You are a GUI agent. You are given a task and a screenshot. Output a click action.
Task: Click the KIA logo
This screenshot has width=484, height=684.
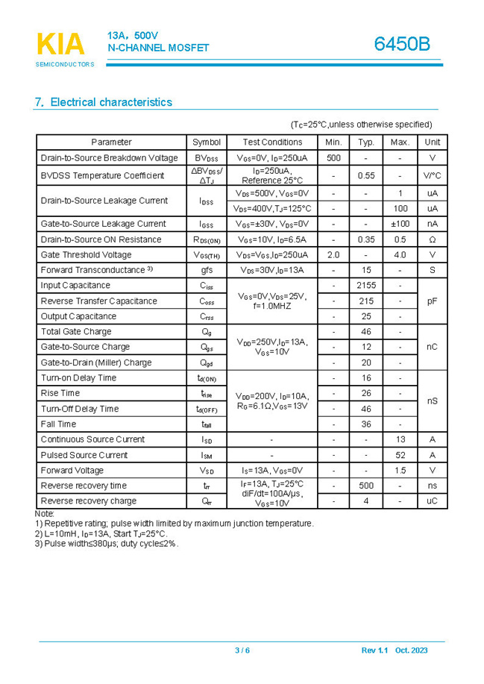point(61,45)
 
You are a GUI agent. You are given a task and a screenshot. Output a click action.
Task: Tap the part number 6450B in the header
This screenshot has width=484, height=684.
point(402,44)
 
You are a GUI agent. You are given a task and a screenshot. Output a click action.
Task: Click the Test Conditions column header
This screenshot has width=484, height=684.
point(272,142)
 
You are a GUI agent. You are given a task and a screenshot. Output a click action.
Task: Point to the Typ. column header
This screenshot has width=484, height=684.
point(366,142)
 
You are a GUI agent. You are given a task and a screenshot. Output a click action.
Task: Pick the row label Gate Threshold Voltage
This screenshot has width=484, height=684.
point(86,255)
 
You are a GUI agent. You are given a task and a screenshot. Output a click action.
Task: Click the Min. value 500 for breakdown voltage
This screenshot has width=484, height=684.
point(333,158)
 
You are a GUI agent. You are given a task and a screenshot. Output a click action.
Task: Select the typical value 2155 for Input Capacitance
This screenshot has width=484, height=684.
point(366,286)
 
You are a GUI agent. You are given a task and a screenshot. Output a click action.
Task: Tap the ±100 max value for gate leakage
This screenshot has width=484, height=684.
point(400,224)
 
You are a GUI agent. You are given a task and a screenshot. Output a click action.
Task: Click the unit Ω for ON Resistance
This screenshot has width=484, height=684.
point(432,239)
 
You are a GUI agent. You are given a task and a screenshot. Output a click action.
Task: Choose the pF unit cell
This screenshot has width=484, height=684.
point(432,301)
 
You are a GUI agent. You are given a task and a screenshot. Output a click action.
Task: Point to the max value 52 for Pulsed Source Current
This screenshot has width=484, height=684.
point(400,455)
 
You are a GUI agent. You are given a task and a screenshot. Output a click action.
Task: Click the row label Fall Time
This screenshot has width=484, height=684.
point(58,424)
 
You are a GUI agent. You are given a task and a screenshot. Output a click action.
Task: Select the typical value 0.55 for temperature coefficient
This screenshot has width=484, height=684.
point(366,175)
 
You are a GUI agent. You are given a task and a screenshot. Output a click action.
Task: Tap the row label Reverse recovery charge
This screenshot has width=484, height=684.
point(88,501)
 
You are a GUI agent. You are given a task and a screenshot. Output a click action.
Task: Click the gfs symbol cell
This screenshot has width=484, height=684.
point(207,270)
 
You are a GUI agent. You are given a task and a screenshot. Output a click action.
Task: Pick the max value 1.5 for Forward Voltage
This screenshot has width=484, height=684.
point(400,471)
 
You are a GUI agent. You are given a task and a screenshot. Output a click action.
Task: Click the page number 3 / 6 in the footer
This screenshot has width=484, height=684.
point(242,650)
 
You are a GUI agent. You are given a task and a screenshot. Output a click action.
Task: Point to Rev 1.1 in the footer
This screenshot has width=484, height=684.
point(374,650)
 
